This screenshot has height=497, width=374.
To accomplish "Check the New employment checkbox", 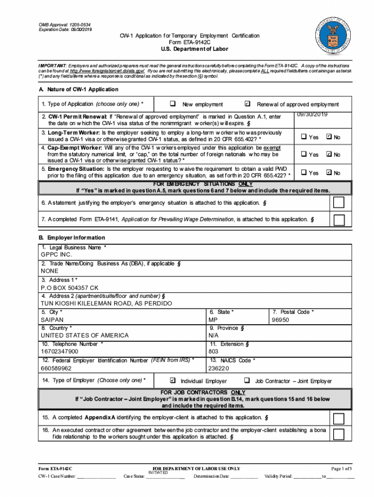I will pyautogui.click(x=172, y=104).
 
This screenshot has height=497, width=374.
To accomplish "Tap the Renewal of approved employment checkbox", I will pyautogui.click(x=247, y=104).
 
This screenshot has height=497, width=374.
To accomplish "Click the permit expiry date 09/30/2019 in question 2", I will pyautogui.click(x=312, y=114).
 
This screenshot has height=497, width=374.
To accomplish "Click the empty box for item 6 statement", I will pyautogui.click(x=339, y=202).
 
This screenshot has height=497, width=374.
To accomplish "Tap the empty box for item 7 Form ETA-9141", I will pyautogui.click(x=339, y=220).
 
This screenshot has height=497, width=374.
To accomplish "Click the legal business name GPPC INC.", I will pyautogui.click(x=56, y=254).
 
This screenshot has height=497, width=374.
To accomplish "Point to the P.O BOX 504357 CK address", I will pyautogui.click(x=69, y=287).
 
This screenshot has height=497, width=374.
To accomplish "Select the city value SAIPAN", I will pyautogui.click(x=52, y=320).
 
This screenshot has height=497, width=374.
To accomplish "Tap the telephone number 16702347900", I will pyautogui.click(x=59, y=351).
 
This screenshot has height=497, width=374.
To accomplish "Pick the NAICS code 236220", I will pyautogui.click(x=218, y=368).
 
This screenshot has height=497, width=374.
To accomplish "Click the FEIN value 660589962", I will pyautogui.click(x=56, y=368).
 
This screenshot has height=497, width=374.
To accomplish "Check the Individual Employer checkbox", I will pyautogui.click(x=172, y=381).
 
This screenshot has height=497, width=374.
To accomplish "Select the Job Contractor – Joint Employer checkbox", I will pyautogui.click(x=247, y=381).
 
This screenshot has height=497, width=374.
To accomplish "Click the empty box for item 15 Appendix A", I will pyautogui.click(x=339, y=418).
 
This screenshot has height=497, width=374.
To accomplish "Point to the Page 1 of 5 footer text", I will pyautogui.click(x=341, y=468).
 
